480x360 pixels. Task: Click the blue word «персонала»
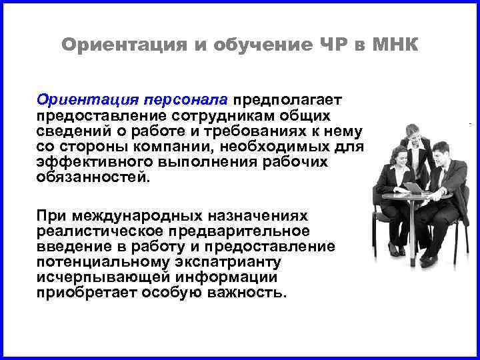pos(185,99)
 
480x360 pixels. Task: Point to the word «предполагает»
pos(287,99)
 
